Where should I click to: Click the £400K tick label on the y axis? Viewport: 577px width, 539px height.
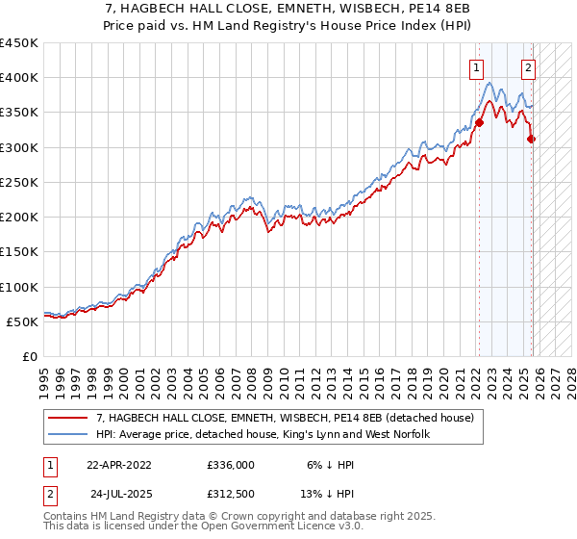click(x=19, y=78)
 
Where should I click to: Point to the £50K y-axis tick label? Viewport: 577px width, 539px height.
click(x=22, y=321)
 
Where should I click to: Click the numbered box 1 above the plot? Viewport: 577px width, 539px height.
click(x=477, y=67)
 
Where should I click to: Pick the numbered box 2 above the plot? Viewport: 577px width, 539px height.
click(x=529, y=67)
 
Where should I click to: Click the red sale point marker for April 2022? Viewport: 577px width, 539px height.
click(x=479, y=122)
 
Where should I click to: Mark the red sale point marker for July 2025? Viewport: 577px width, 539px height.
click(x=532, y=139)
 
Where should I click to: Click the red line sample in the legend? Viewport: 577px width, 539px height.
click(x=69, y=419)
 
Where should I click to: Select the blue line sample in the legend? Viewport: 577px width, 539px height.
click(x=69, y=435)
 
